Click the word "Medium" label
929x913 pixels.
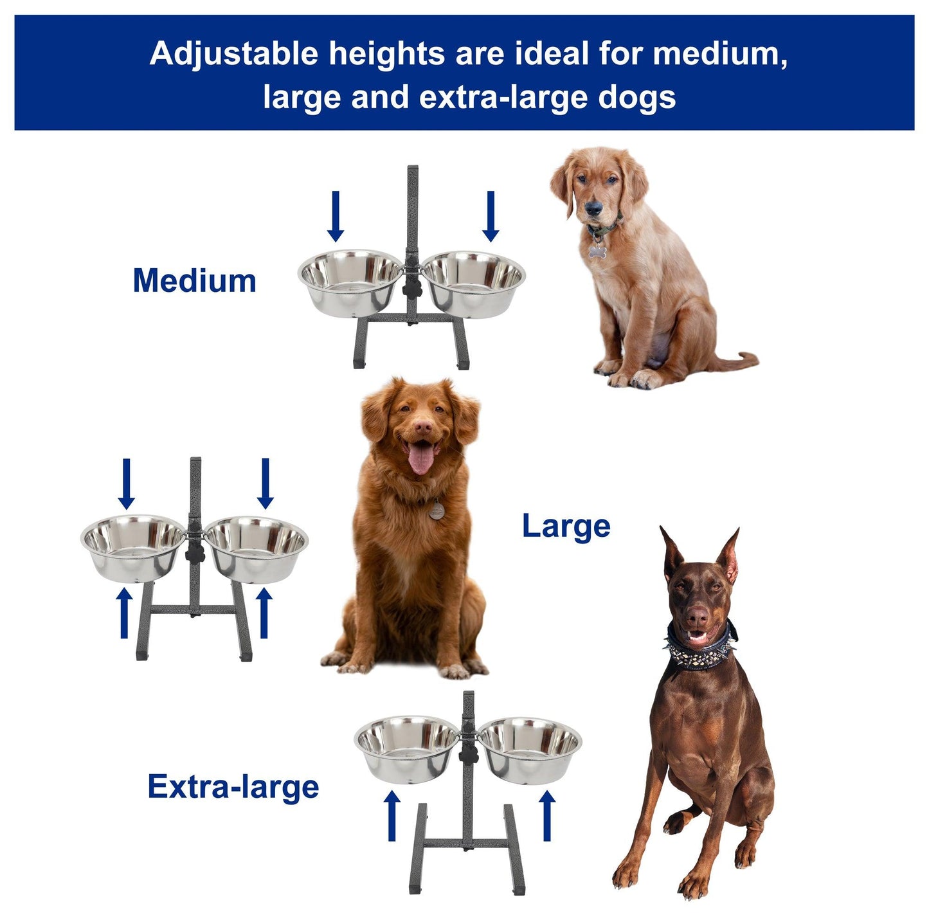194,281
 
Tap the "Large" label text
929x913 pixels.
566,527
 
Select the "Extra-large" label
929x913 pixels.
233,787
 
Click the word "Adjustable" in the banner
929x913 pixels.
234,54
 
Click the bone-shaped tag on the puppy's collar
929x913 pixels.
597,251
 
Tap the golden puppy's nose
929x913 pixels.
593,208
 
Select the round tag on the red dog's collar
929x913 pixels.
437,512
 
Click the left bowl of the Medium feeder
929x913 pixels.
350,282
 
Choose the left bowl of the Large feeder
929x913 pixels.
133,548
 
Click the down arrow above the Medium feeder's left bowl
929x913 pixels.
336,216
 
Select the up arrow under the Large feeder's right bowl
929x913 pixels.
264,613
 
